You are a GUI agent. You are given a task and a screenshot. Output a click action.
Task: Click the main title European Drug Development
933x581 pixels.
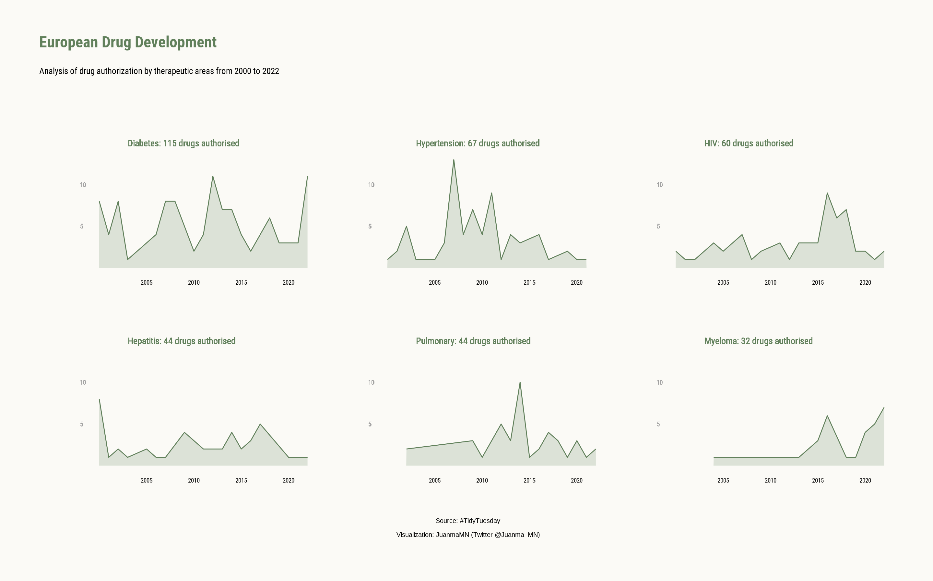[x=128, y=42]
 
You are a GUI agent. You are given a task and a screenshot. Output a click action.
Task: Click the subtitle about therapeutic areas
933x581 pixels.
[x=159, y=71]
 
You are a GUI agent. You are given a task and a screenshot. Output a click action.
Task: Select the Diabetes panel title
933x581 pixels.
[x=183, y=143]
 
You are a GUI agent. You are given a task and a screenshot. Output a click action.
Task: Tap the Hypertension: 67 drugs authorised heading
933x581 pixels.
[x=478, y=143]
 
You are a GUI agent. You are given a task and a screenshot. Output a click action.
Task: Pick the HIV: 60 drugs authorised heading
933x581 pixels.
[x=749, y=143]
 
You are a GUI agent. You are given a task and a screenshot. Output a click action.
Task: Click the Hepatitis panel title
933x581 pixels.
[x=182, y=341]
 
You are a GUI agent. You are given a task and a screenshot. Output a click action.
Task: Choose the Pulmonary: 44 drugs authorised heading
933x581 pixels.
[x=473, y=341]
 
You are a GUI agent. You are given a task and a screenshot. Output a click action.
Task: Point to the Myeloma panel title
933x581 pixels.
[x=758, y=341]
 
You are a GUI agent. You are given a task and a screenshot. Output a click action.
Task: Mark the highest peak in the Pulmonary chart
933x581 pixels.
[x=520, y=383]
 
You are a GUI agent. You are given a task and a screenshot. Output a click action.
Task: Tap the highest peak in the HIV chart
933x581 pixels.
[x=827, y=193]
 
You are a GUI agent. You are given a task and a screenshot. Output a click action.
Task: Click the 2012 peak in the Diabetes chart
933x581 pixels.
[x=213, y=177]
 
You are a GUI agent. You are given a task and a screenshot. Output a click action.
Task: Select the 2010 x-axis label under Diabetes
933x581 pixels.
[x=194, y=283]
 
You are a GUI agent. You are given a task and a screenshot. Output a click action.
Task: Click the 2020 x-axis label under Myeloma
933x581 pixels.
[x=865, y=481]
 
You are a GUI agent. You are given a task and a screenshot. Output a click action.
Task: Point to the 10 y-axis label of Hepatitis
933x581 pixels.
[x=83, y=382]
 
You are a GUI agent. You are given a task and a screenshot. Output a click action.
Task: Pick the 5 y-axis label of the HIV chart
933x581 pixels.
[x=658, y=226]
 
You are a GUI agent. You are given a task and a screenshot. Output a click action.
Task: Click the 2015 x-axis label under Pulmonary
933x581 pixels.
[x=529, y=481]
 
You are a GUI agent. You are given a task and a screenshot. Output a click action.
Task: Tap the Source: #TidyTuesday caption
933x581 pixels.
[x=467, y=521]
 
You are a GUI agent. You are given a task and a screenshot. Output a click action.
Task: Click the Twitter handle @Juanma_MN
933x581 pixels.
[x=516, y=535]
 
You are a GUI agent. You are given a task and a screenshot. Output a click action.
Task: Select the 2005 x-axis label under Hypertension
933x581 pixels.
[x=434, y=283]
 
